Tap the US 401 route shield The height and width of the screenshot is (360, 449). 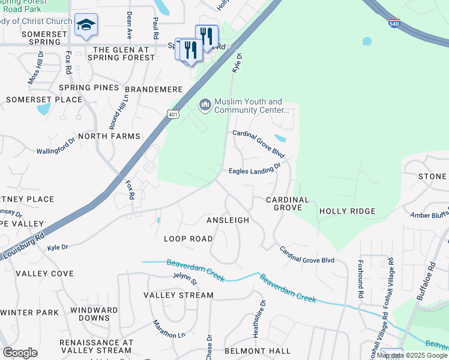[172, 114]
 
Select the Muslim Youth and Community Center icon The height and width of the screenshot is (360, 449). [205, 106]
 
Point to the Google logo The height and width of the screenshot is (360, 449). [20, 353]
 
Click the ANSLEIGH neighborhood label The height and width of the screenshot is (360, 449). [228, 220]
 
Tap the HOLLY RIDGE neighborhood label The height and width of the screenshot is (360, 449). [347, 211]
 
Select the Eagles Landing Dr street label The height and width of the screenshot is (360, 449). [255, 171]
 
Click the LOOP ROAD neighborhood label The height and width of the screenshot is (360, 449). [188, 239]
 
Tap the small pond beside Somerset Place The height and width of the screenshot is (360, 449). [43, 109]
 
